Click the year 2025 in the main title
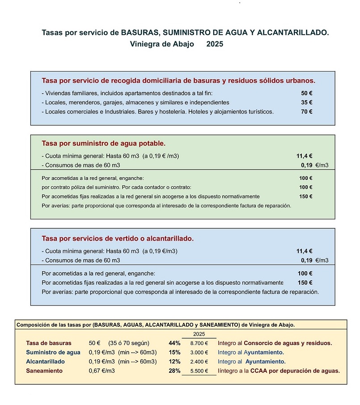click(215, 44)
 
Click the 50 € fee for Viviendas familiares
click(306, 94)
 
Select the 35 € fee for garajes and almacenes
click(306, 102)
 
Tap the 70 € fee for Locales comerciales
click(306, 111)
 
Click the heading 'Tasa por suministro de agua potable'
click(103, 144)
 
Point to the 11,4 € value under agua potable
click(304, 156)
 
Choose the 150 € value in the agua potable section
click(305, 196)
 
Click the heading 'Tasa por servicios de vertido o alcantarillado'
click(118, 239)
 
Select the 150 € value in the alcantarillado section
click(305, 283)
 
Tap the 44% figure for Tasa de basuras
click(174, 343)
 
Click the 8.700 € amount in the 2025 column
click(199, 343)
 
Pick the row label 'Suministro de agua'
click(53, 352)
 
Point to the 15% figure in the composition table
click(174, 352)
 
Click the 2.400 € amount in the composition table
click(199, 362)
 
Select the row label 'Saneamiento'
click(44, 371)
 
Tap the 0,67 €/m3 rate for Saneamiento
click(102, 371)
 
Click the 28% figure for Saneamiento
click(174, 371)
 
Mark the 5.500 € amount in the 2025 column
click(199, 371)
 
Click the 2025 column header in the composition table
click(199, 334)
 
